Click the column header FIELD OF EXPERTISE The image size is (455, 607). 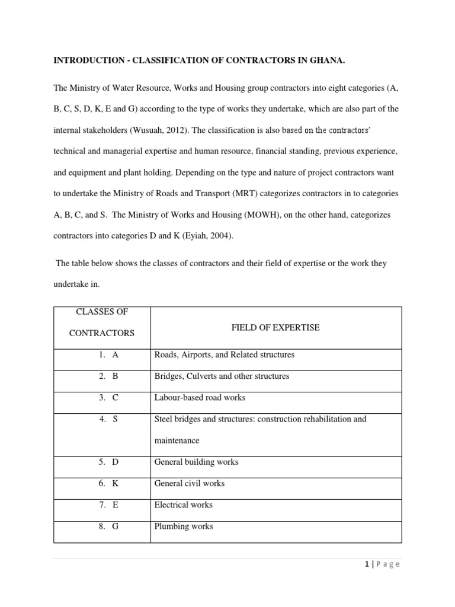[x=276, y=328]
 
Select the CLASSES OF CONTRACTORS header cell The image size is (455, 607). [x=102, y=322]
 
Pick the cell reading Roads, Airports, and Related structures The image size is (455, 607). [x=224, y=355]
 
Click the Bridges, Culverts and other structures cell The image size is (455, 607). [x=222, y=376]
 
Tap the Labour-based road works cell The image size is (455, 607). [x=200, y=398]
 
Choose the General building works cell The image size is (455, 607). [x=196, y=462]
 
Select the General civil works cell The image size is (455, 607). [x=190, y=483]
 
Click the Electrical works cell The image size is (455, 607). [x=183, y=505]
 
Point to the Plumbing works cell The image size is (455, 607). [x=184, y=526]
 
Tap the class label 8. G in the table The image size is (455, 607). [x=109, y=526]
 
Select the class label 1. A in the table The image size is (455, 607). [x=109, y=355]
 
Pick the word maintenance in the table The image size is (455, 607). [x=177, y=440]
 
